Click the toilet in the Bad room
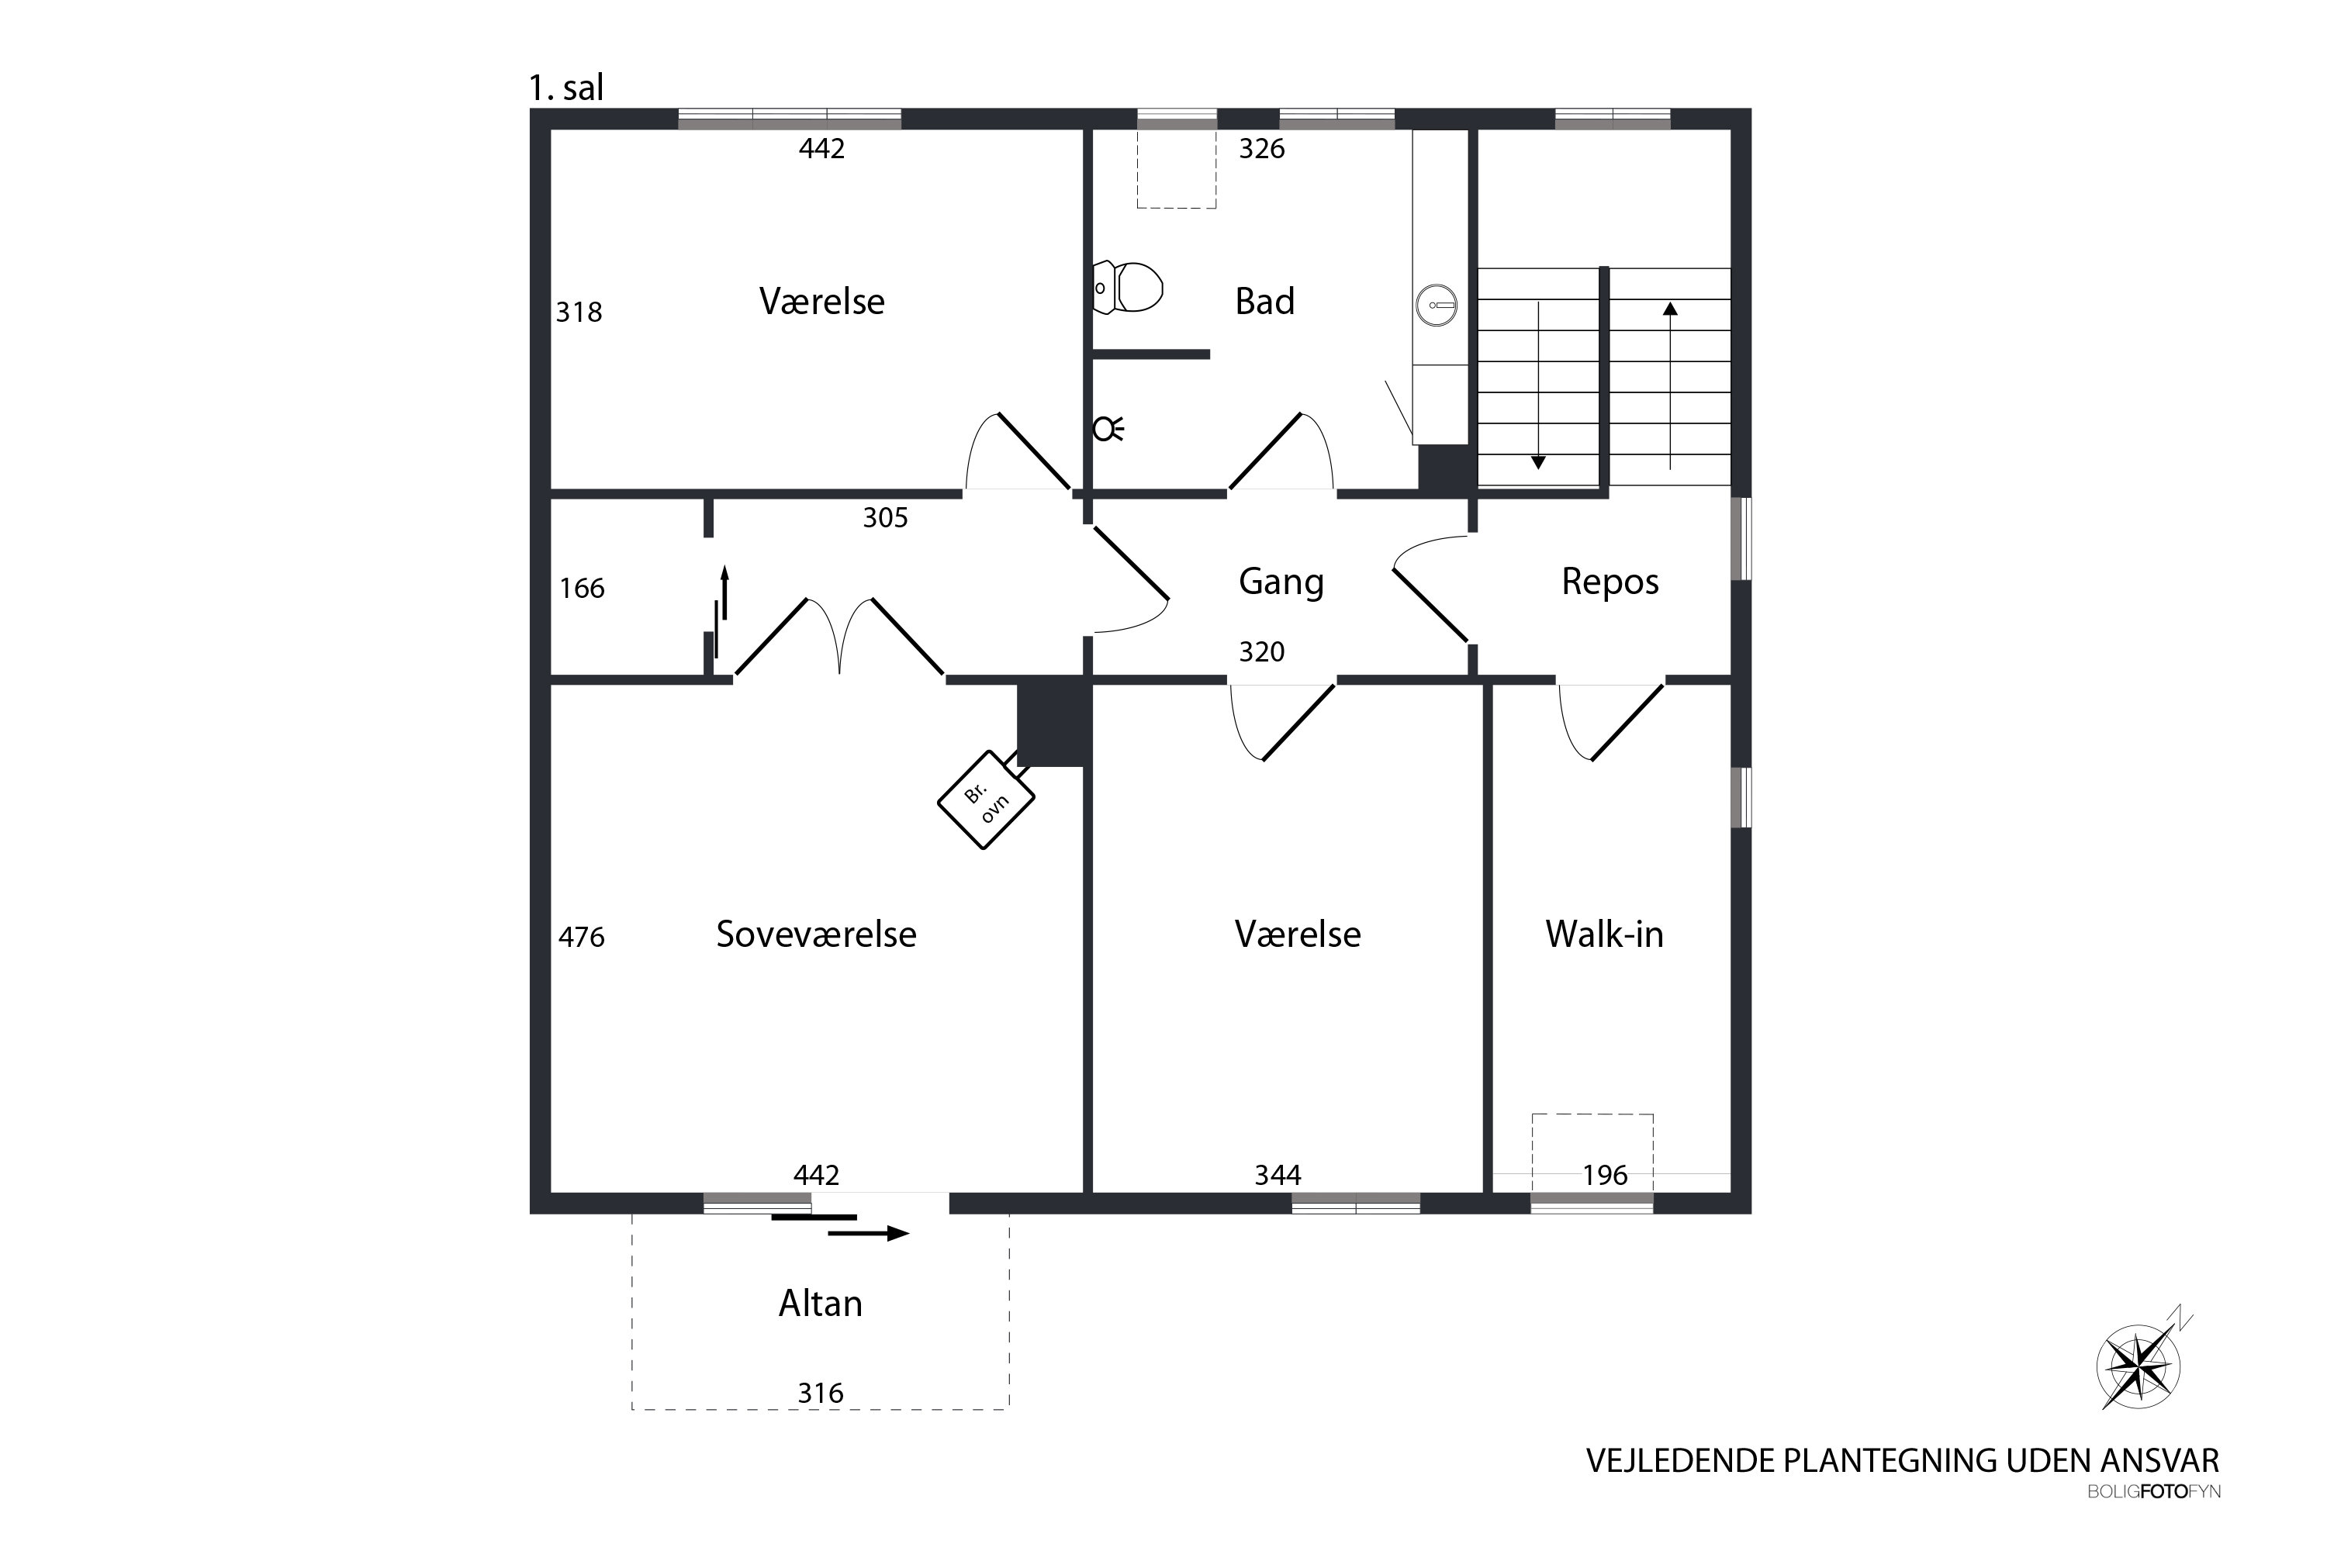tap(1127, 287)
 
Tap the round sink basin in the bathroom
tap(1437, 305)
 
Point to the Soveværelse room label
tap(816, 934)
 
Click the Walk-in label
tap(1604, 934)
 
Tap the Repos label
tap(1610, 582)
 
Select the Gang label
tap(1281, 582)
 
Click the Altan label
tap(820, 1304)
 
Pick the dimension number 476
tap(582, 937)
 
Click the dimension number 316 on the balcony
tap(820, 1393)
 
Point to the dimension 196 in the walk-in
tap(1605, 1175)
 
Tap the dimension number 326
tap(1261, 148)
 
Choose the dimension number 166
tap(582, 589)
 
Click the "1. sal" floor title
tap(566, 88)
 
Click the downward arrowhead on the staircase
tap(1538, 462)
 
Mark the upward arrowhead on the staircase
tap(1670, 309)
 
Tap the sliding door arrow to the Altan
tap(869, 1234)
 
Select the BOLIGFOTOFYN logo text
tap(2154, 1491)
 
